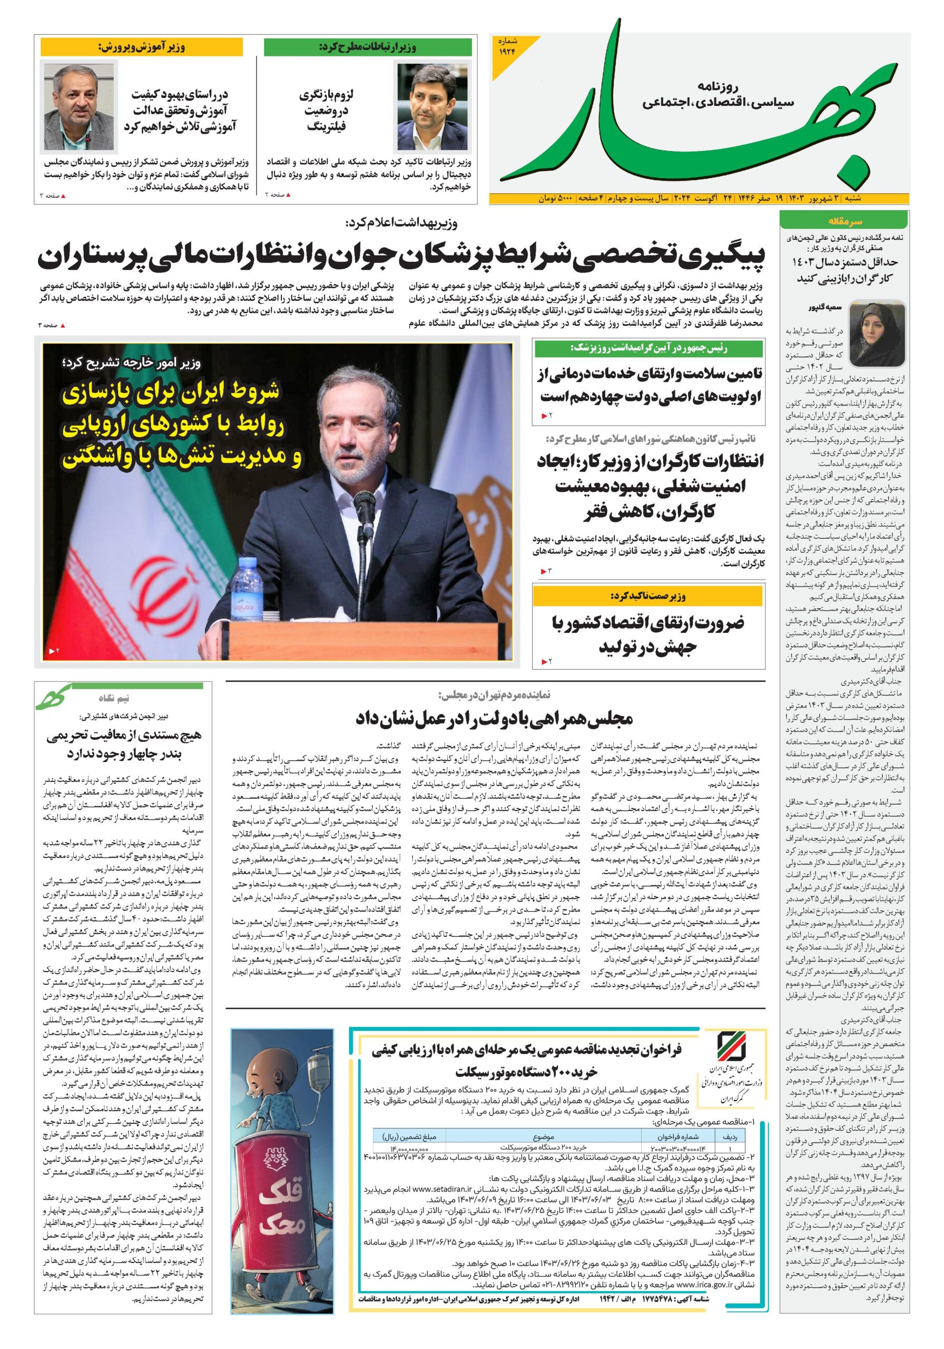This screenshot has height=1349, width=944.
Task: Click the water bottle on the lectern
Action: (x=243, y=591)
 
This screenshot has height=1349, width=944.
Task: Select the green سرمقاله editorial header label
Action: (x=844, y=221)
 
